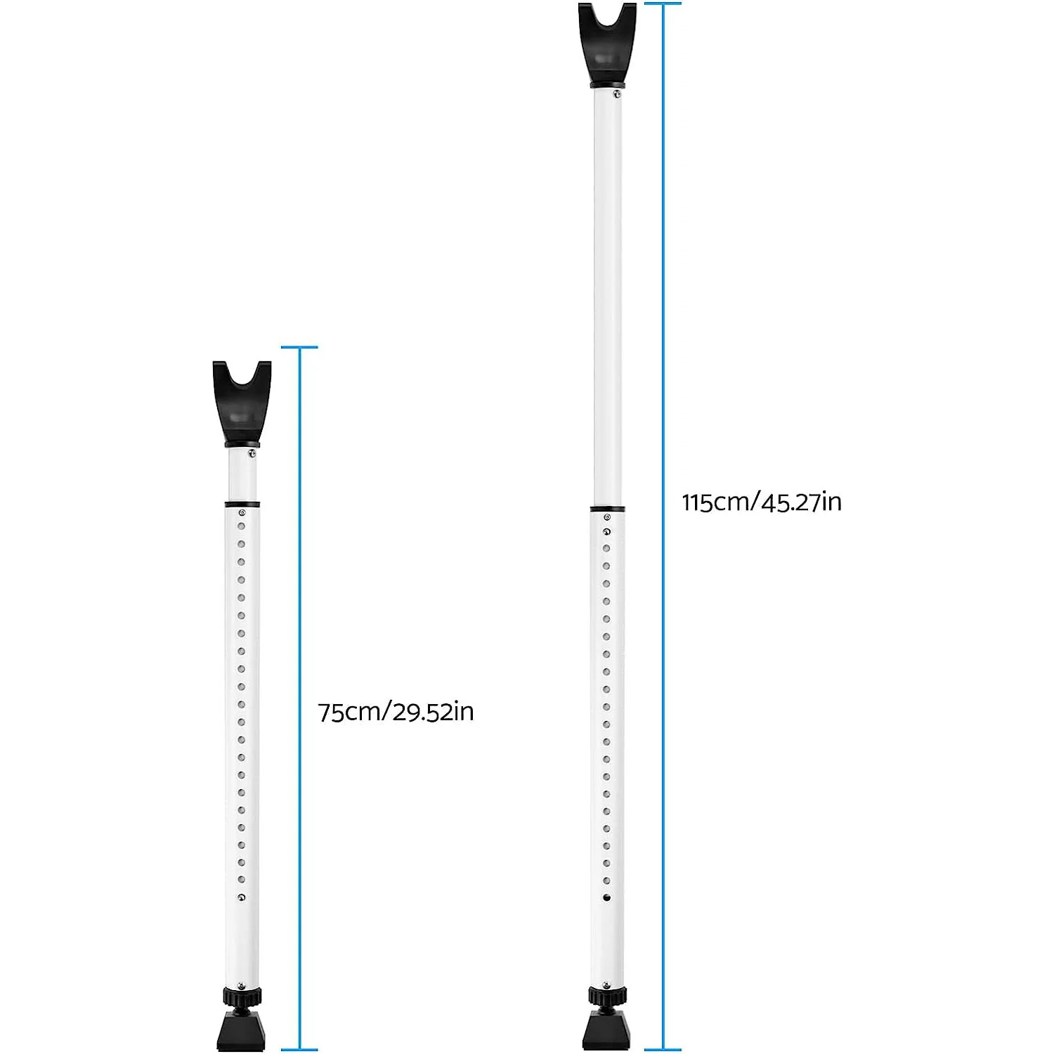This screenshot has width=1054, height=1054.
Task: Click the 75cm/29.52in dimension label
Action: [396, 712]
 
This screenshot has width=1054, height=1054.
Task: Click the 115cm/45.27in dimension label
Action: [762, 502]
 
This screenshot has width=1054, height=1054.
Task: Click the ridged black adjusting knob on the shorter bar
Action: [242, 996]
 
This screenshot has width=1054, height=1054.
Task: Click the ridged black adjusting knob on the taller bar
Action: [607, 996]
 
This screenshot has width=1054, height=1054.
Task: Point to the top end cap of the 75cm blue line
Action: [299, 347]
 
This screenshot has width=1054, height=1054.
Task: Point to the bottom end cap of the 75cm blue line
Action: [299, 1050]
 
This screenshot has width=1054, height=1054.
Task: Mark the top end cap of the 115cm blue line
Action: [663, 4]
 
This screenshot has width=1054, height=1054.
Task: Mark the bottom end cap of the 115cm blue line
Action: [663, 1050]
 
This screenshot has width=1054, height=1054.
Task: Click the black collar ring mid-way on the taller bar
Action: [607, 508]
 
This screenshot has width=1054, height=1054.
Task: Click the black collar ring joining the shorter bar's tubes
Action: [242, 504]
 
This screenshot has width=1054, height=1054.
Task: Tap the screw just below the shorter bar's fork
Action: [252, 453]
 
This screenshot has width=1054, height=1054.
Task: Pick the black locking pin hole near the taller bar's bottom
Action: [606, 897]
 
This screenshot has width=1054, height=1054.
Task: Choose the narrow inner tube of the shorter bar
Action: [242, 474]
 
